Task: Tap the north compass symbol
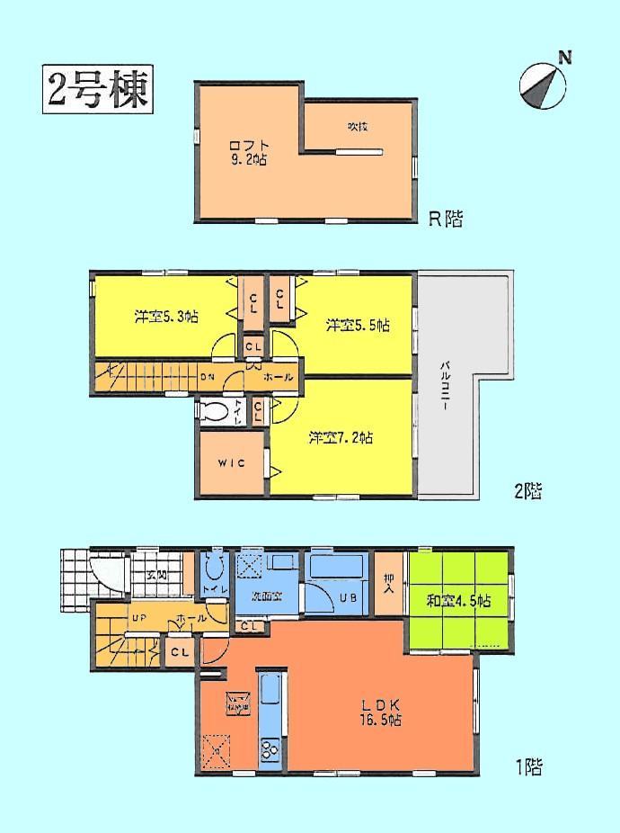(x=544, y=86)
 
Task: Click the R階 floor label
(x=446, y=219)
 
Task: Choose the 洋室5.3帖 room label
(x=166, y=317)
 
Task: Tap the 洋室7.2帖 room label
(x=341, y=438)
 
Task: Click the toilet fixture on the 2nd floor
(x=217, y=412)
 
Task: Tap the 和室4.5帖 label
(x=459, y=600)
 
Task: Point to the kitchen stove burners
(x=270, y=747)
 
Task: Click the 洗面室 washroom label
(x=269, y=595)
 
